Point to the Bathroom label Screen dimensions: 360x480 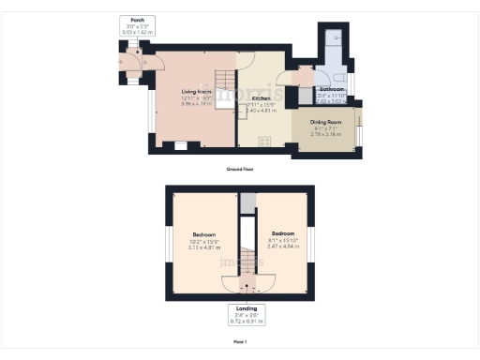[x=331, y=90]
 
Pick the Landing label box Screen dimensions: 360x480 [x=248, y=314]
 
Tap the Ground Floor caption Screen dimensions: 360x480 [x=240, y=169]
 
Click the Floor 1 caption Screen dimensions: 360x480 [x=240, y=341]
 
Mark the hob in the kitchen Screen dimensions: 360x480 [x=264, y=141]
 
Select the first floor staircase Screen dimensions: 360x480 [x=247, y=262]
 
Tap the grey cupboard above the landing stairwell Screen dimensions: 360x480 [x=247, y=203]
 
